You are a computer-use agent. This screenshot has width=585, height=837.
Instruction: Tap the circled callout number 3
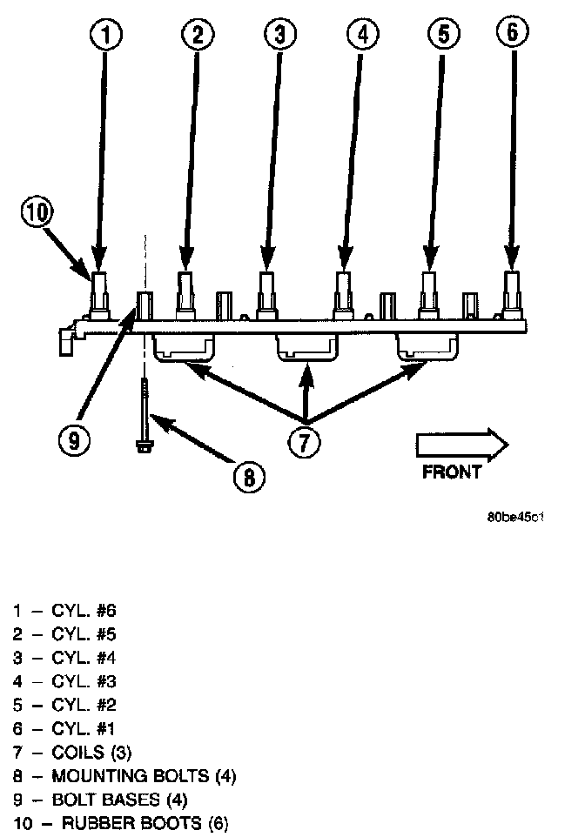(x=279, y=34)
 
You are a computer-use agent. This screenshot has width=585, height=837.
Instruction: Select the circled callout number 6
(x=512, y=32)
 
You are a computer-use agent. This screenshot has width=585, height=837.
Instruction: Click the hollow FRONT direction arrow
(x=462, y=444)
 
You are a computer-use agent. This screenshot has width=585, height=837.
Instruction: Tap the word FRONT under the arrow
(x=452, y=472)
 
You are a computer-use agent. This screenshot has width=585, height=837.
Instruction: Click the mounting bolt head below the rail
(x=144, y=445)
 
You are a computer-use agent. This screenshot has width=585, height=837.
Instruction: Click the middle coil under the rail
(x=306, y=348)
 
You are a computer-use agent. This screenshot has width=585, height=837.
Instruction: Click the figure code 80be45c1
(x=516, y=517)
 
